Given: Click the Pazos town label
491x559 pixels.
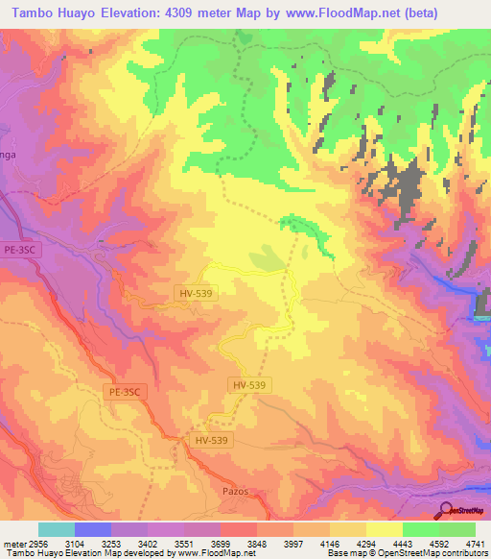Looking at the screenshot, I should click(235, 491).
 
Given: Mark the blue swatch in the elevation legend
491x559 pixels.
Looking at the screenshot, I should click(93, 529).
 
